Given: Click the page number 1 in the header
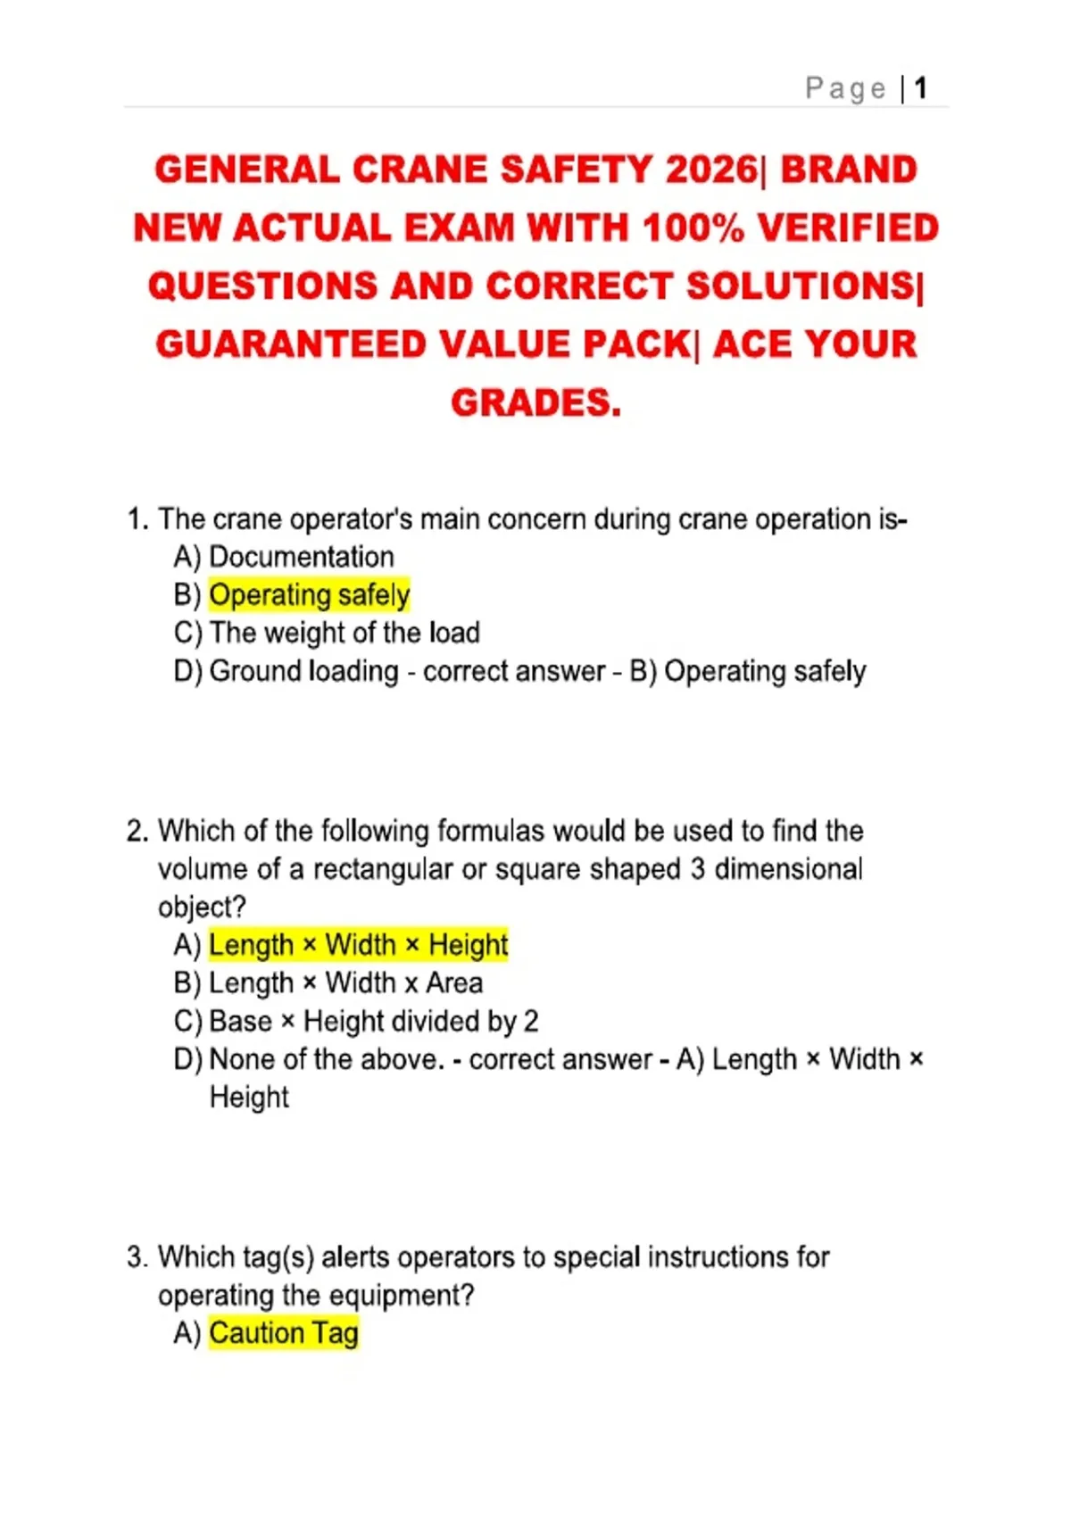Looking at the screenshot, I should coord(920,88).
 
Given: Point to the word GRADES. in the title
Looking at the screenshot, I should coord(535,402).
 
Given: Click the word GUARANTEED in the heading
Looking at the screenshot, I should coord(290,344).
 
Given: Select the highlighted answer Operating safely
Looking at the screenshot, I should coord(309,594).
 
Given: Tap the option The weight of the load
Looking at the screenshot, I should coord(344,633).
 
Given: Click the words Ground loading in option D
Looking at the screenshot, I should coord(303,671).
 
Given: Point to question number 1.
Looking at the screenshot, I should coord(137,519).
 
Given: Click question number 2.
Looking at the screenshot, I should coord(137,831).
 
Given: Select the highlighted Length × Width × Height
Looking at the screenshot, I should coord(358,944).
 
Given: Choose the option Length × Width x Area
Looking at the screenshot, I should coord(345,982).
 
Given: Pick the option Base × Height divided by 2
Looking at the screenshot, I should coord(373,1021).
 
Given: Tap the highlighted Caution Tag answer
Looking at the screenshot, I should coord(283,1333).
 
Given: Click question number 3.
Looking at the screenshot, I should coord(137,1257).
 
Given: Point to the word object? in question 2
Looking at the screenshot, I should coord(202,907).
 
